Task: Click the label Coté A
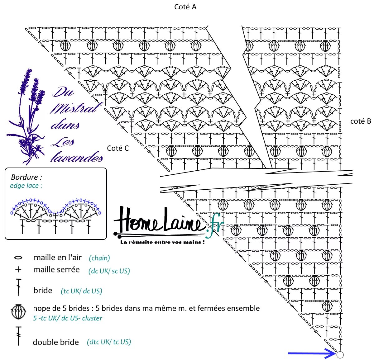tap(185, 7)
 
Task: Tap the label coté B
tap(361, 121)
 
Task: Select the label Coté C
tap(118, 148)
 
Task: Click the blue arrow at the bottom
tap(311, 353)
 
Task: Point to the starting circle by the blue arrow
tap(340, 355)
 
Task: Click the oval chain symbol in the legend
tap(18, 258)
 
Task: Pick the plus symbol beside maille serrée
tap(18, 269)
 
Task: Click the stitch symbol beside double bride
tap(19, 336)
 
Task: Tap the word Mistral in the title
tap(75, 108)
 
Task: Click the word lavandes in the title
tap(77, 157)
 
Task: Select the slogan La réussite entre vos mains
tap(162, 242)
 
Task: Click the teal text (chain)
tap(99, 258)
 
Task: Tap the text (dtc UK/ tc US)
tap(109, 342)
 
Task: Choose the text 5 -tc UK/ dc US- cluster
tap(68, 318)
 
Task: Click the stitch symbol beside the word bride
tap(19, 287)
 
